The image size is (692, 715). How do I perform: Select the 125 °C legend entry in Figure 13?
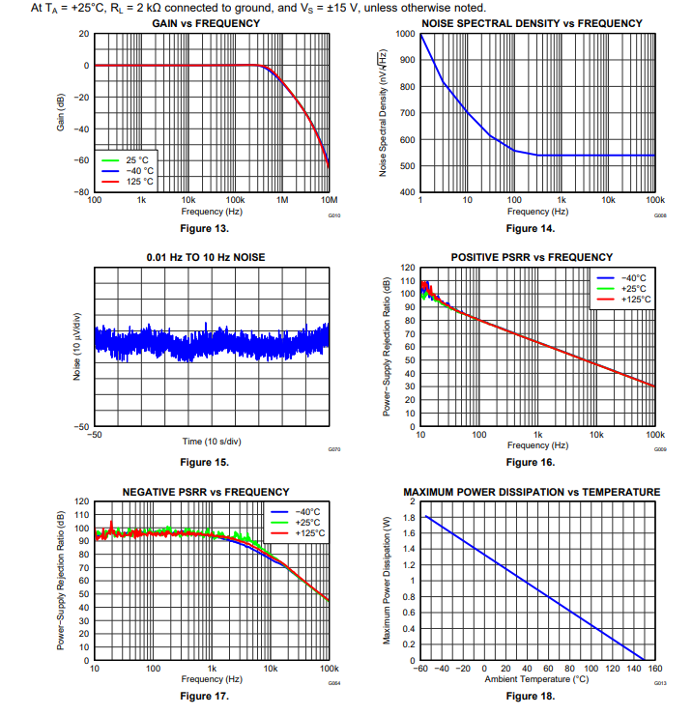pyautogui.click(x=139, y=181)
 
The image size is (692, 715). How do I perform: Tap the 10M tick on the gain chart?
pyautogui.click(x=327, y=200)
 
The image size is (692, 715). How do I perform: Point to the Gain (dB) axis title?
pyautogui.click(x=62, y=113)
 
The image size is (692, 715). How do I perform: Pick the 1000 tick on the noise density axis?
pyautogui.click(x=406, y=34)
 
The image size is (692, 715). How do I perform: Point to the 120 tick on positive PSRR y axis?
pyautogui.click(x=407, y=268)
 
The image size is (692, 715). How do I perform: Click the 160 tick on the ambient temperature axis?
pyautogui.click(x=654, y=668)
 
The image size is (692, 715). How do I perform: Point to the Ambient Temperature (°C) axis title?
pyautogui.click(x=536, y=679)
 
